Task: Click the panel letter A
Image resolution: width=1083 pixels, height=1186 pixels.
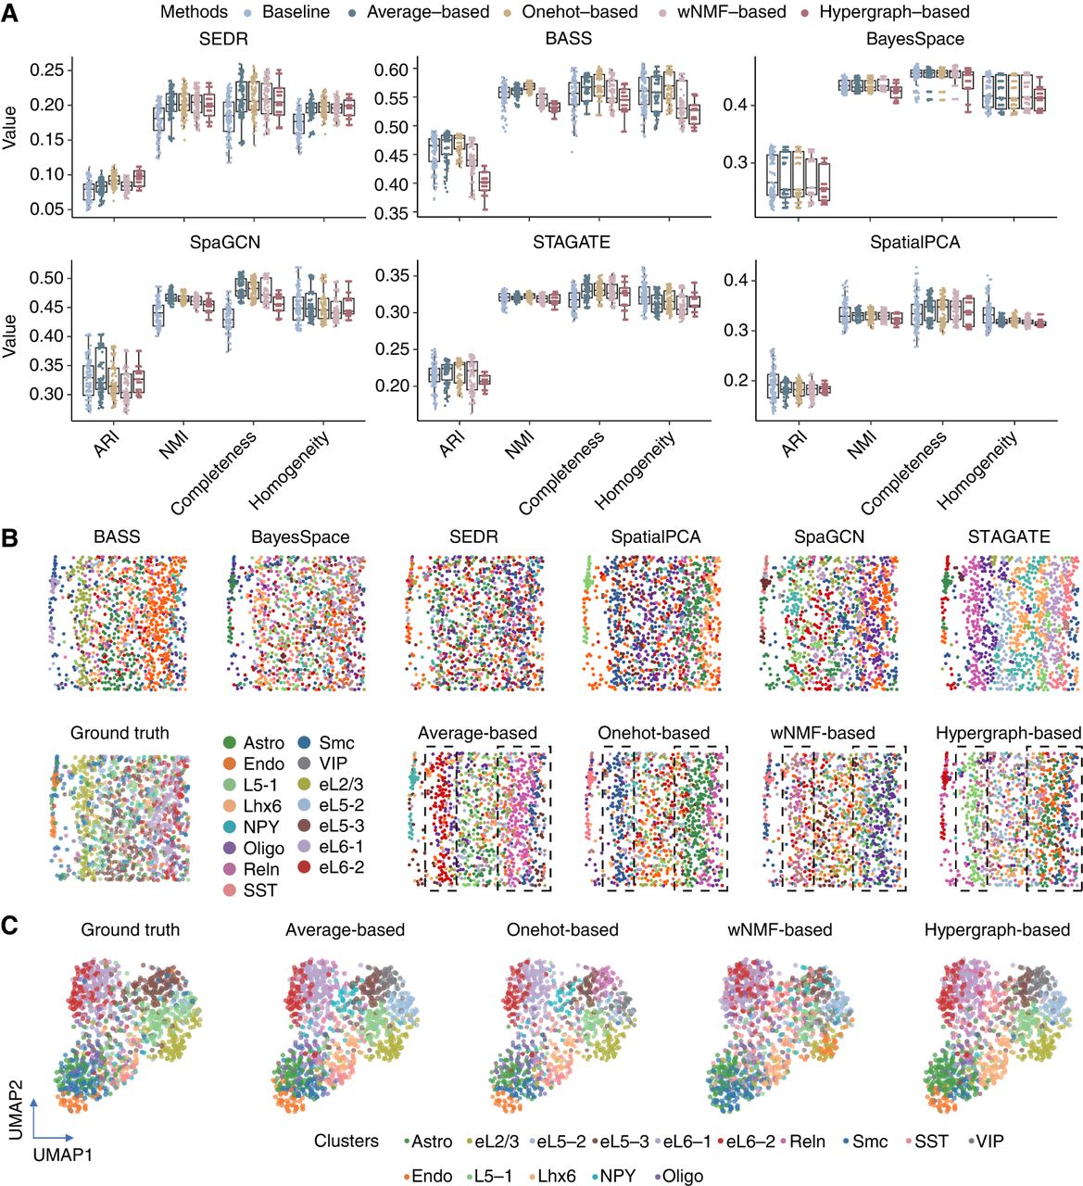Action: (x=10, y=13)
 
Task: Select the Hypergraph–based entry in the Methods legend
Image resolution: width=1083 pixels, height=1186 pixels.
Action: (x=893, y=12)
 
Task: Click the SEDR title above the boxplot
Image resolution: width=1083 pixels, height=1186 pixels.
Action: (x=223, y=40)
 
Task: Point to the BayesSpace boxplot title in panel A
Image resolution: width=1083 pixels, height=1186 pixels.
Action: (x=914, y=40)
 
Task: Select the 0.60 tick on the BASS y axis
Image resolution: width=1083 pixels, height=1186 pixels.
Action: (x=391, y=70)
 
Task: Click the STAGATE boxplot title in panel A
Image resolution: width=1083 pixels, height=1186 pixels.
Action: (x=571, y=243)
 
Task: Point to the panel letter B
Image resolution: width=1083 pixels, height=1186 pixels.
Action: (x=10, y=537)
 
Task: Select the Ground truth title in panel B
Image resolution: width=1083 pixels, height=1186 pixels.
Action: (x=120, y=733)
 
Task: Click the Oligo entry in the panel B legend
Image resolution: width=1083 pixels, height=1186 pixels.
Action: (x=263, y=848)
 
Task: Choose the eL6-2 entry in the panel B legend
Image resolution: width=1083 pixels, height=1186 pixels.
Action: (x=341, y=867)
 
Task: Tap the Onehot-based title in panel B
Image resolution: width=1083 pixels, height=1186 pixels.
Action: (x=653, y=733)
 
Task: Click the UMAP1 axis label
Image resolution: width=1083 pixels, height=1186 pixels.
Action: (x=62, y=1154)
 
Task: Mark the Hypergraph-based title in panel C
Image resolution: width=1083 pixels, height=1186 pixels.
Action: (x=997, y=929)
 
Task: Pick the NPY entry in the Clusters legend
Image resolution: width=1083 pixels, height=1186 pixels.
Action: (x=617, y=1176)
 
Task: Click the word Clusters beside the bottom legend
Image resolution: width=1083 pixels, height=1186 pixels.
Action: (x=346, y=1141)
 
